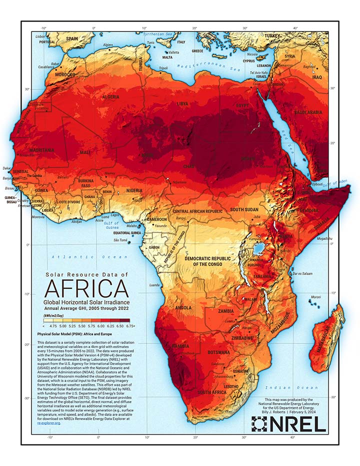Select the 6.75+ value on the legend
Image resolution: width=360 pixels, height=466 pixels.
coord(131,325)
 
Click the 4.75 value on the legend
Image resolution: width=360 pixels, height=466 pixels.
coord(48,325)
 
